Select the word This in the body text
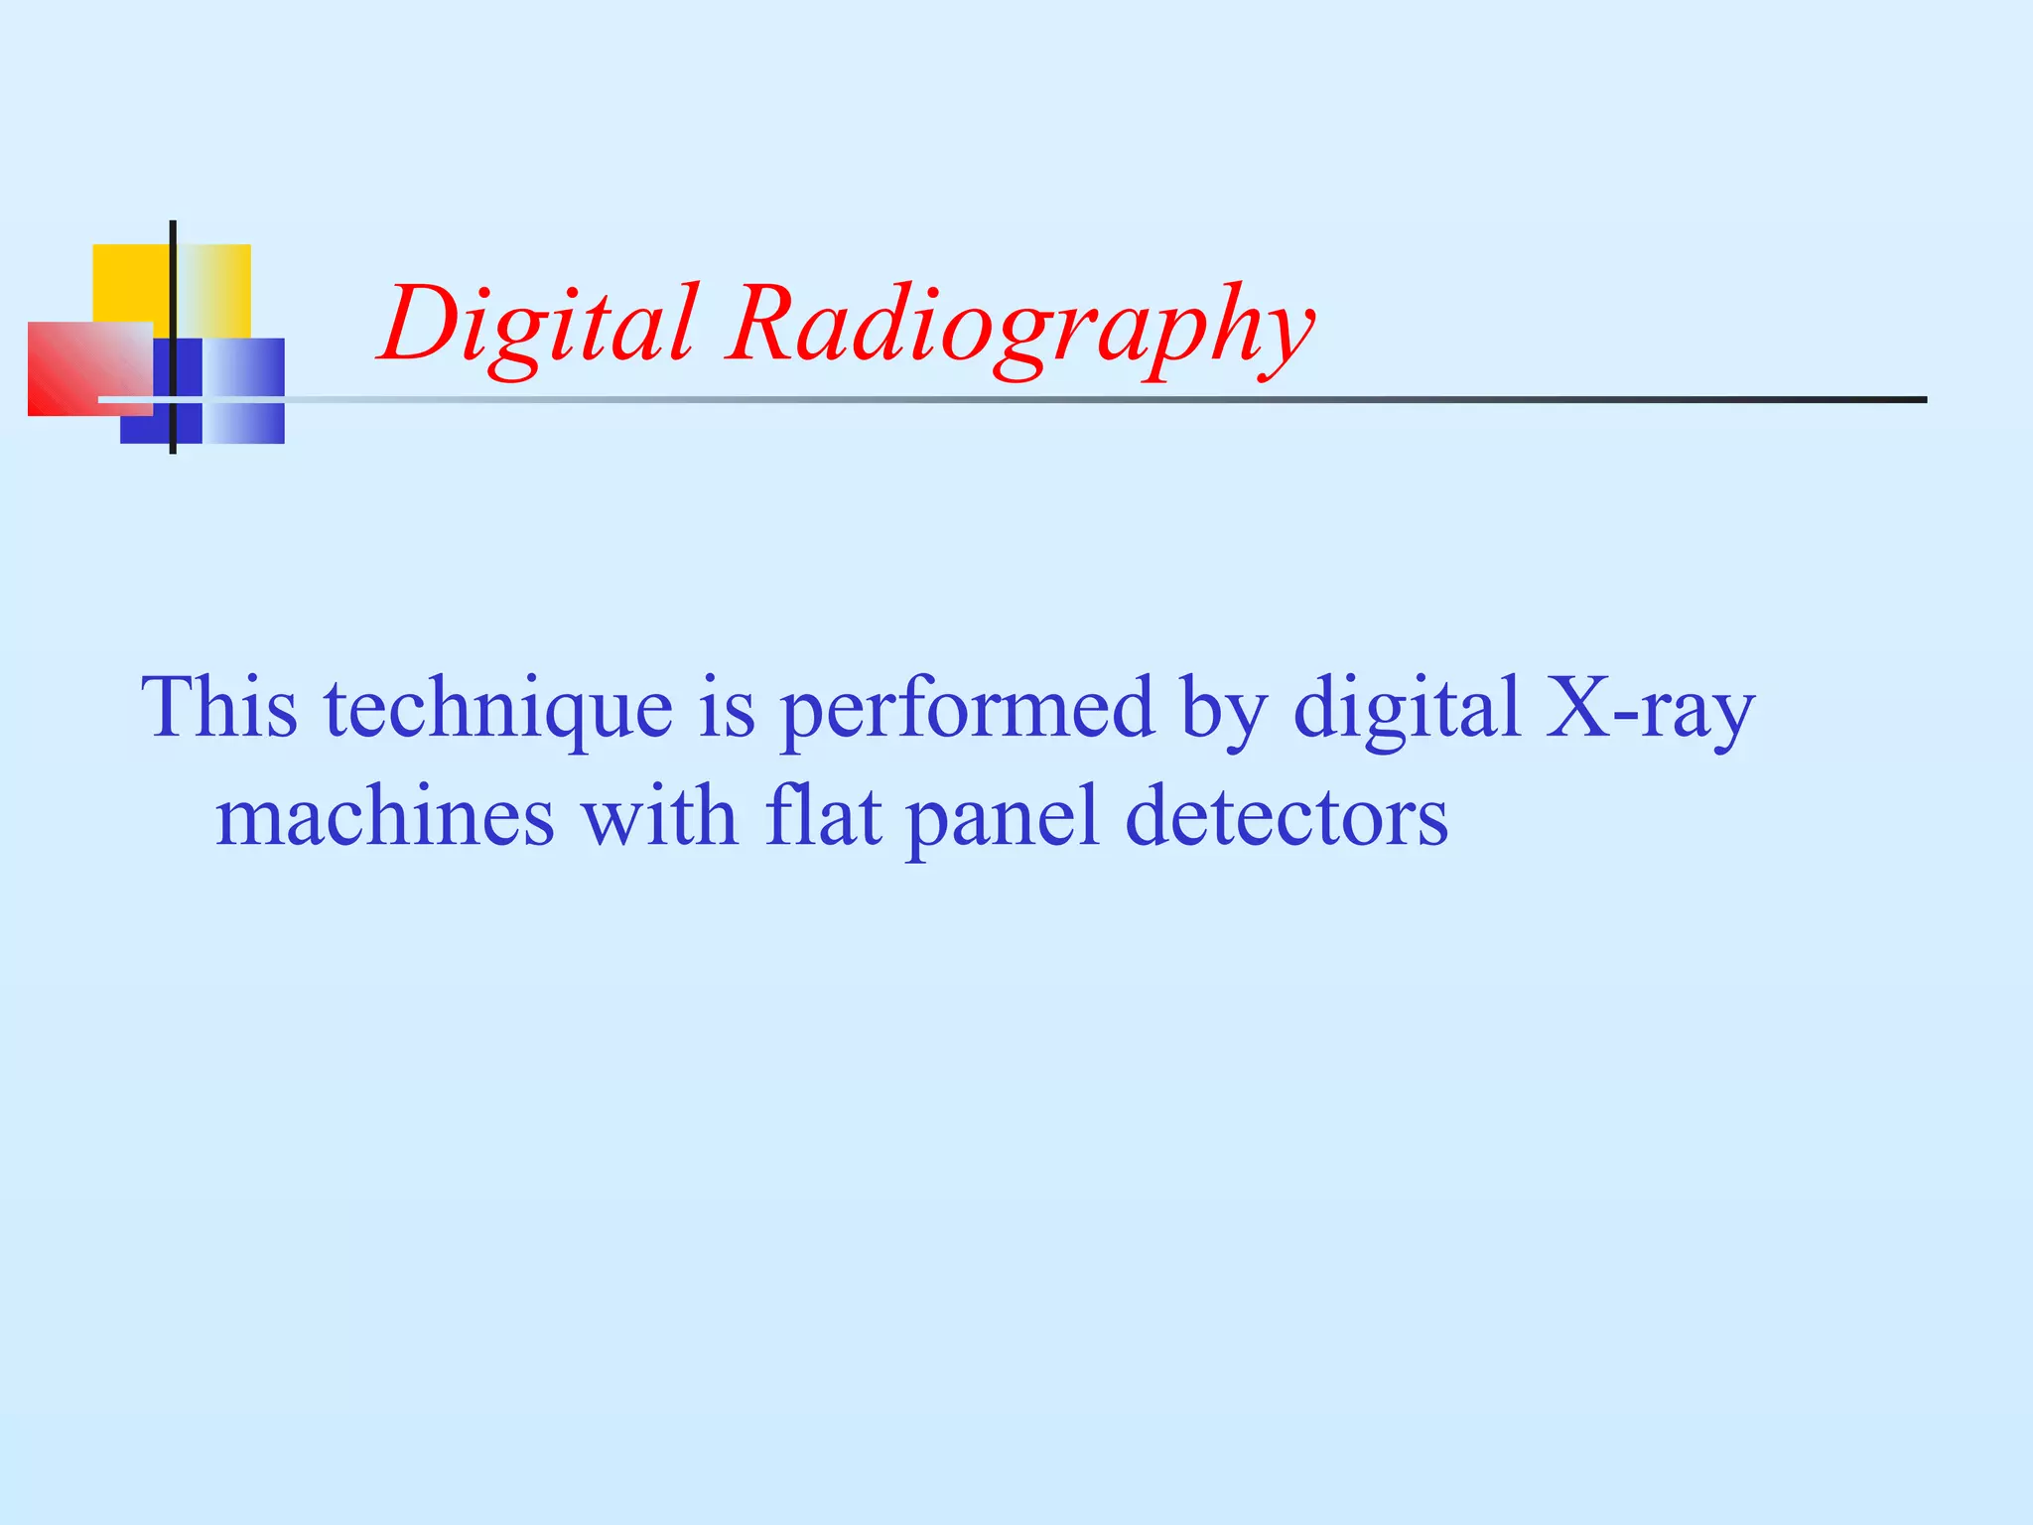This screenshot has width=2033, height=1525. [x=219, y=707]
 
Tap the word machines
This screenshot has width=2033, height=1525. [x=385, y=816]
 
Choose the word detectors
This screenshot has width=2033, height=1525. [x=1287, y=816]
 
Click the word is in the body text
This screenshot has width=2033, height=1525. [x=727, y=709]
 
